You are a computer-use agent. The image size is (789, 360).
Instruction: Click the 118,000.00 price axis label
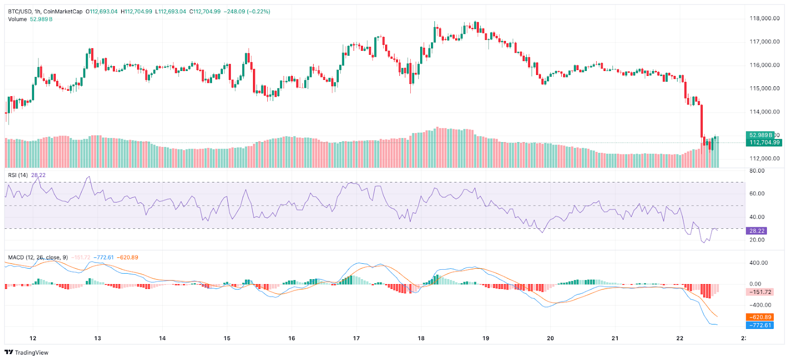764,18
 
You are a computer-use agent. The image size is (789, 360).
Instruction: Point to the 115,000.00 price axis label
764,88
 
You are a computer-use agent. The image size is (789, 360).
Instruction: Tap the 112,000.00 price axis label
764,158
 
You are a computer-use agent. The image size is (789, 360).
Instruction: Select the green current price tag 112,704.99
764,143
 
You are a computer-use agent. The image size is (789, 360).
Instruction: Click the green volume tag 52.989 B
761,135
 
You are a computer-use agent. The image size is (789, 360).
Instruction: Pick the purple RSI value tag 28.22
757,231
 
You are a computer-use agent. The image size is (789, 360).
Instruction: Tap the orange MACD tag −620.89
760,317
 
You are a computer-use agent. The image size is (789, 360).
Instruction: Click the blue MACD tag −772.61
760,325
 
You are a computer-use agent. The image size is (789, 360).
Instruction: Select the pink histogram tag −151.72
760,292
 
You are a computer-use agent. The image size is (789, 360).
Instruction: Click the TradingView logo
27,352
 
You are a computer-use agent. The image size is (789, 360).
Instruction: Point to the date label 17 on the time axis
357,338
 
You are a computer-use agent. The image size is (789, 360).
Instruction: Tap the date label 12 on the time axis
33,338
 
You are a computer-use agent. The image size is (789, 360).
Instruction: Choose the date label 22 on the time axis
680,338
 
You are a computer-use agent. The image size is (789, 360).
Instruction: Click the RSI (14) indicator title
19,175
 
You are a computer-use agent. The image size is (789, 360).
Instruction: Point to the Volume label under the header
17,19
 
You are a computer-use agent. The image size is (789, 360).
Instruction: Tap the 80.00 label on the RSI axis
757,171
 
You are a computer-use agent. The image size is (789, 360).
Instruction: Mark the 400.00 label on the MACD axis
758,263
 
